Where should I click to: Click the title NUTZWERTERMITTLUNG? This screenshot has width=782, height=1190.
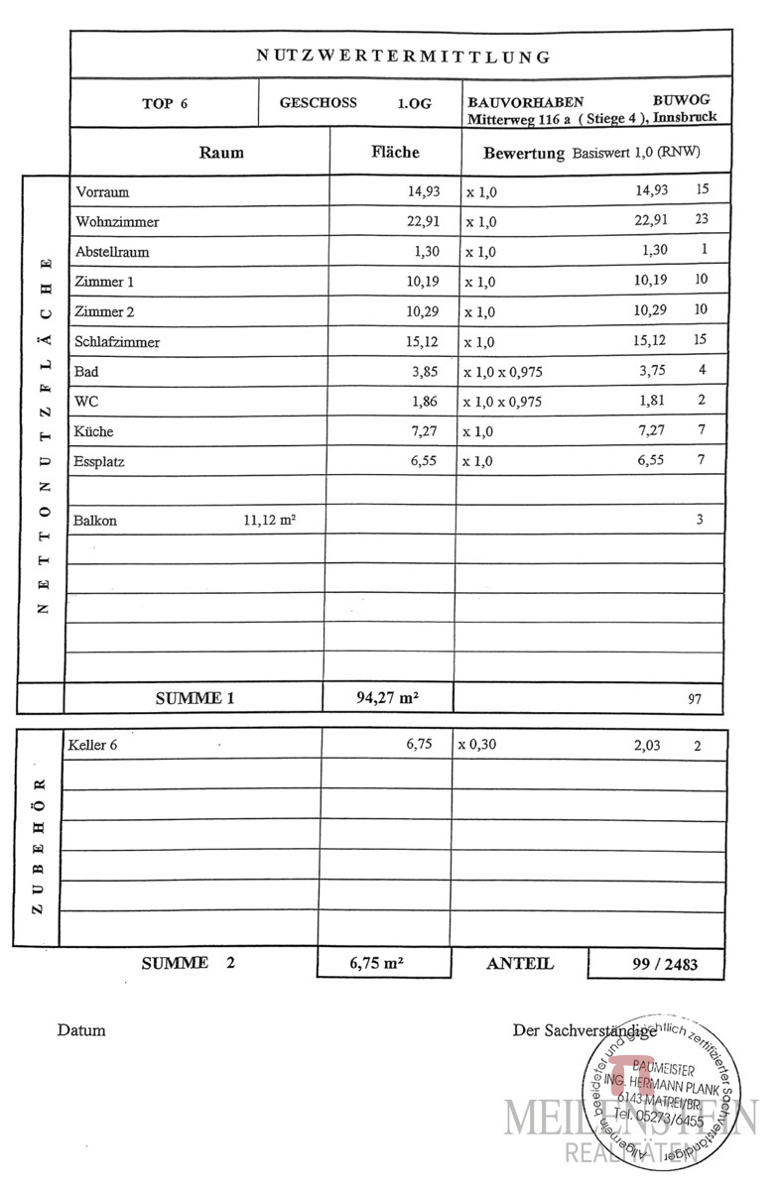click(x=403, y=57)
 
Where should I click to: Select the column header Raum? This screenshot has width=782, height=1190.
click(x=220, y=153)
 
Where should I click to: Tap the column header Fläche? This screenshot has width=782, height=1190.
click(x=395, y=153)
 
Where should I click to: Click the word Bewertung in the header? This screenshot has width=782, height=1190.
click(x=524, y=154)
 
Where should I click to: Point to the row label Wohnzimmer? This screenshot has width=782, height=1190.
click(x=117, y=222)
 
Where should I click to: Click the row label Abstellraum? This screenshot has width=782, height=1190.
click(x=112, y=252)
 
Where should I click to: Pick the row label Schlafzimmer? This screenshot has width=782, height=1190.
click(x=117, y=342)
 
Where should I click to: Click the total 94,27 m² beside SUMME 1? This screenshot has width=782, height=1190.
click(x=387, y=698)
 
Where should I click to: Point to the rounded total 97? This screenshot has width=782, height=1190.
click(x=695, y=699)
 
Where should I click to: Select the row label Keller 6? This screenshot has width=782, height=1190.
click(x=93, y=746)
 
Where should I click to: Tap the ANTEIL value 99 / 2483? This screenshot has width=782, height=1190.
click(x=657, y=964)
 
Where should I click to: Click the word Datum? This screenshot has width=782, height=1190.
click(x=81, y=1030)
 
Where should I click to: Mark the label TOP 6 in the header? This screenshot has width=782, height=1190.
click(x=165, y=103)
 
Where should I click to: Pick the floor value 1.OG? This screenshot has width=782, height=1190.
click(x=415, y=103)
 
